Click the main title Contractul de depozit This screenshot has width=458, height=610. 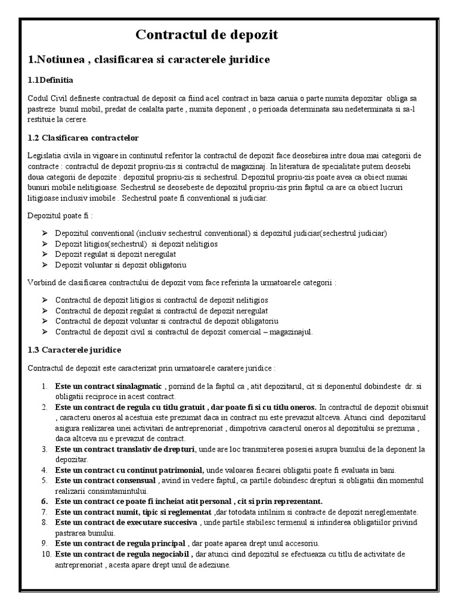pos(207,36)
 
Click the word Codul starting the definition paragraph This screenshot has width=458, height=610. pos(39,98)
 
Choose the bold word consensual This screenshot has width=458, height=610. pos(135,480)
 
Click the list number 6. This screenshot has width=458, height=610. pos(45,502)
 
